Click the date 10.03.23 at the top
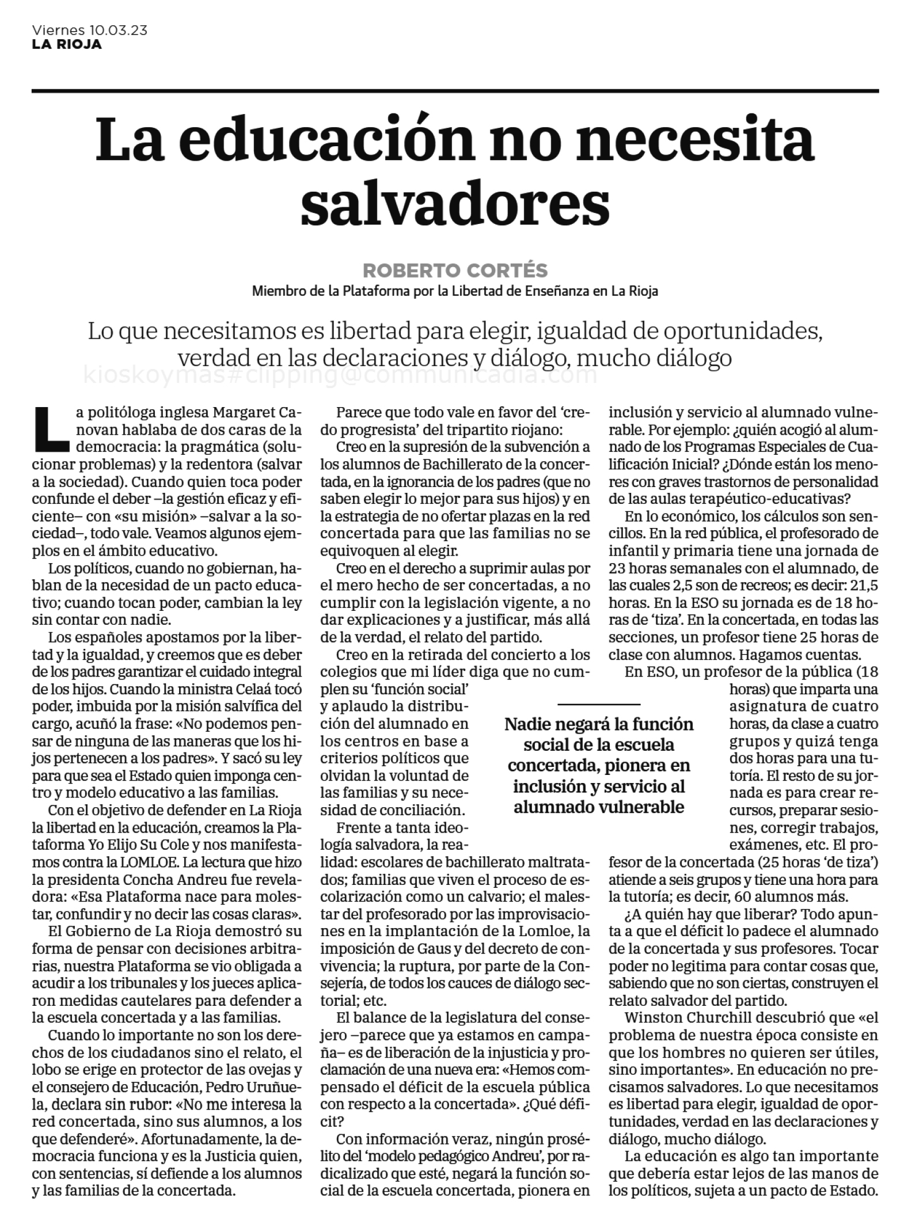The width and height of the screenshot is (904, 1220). coord(119,31)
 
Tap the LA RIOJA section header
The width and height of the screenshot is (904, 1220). coord(67,44)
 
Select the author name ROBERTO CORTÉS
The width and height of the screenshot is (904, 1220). coord(455,270)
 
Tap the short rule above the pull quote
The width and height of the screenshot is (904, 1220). coord(599,704)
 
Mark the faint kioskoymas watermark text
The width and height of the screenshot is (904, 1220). coord(340,375)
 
